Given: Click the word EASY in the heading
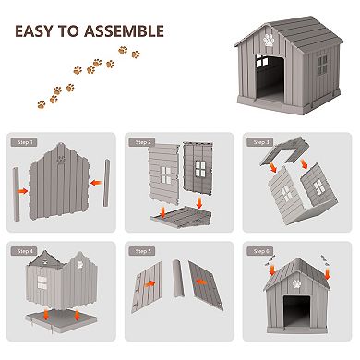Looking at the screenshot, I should pos(42,32).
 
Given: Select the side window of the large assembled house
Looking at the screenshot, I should pos(321,66).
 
